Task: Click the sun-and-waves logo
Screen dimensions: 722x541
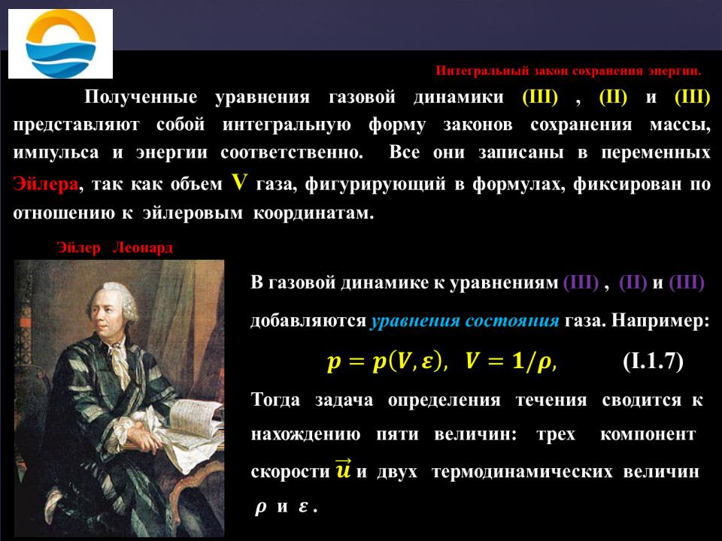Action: tap(60, 44)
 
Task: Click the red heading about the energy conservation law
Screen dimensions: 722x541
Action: tap(569, 71)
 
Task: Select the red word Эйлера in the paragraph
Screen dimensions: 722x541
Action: tap(46, 183)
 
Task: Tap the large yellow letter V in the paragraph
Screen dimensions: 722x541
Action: tap(239, 182)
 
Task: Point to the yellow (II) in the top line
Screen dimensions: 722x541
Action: tap(613, 97)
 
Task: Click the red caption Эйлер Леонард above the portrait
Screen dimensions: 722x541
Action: tap(114, 247)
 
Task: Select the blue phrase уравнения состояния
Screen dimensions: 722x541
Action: tap(465, 320)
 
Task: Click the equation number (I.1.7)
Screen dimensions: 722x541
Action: tap(653, 361)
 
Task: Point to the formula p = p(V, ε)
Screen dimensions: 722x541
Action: tap(387, 361)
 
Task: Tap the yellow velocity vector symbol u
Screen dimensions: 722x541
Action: tap(344, 469)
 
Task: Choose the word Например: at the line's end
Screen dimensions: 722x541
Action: tap(660, 320)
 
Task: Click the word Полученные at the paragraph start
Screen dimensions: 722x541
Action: tap(141, 98)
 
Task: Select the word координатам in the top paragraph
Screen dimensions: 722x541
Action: tap(313, 213)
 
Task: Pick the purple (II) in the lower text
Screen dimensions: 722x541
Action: tap(633, 283)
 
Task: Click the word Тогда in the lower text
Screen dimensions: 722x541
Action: tap(276, 399)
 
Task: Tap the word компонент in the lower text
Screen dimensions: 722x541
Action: tap(648, 434)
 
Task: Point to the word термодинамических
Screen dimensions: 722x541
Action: tap(522, 472)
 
